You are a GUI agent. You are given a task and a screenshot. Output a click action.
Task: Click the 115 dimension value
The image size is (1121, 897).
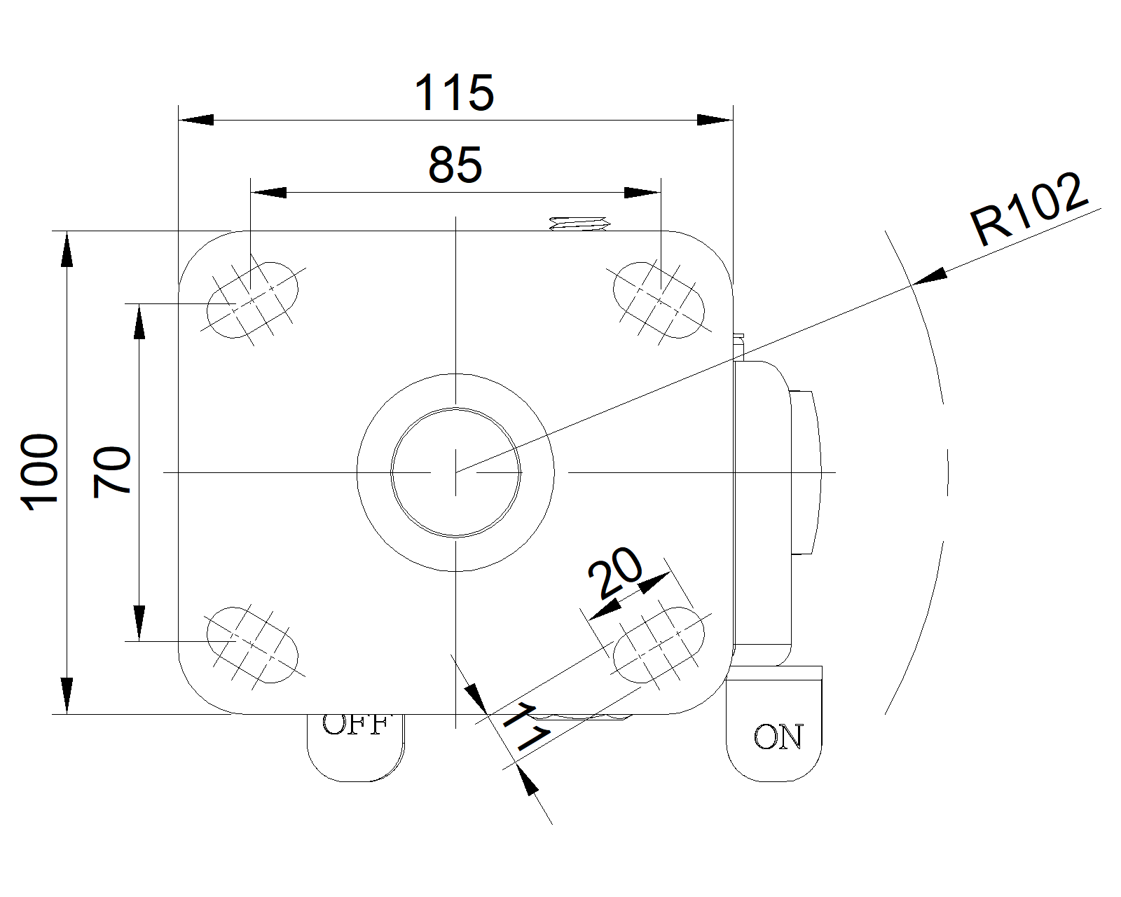(x=454, y=93)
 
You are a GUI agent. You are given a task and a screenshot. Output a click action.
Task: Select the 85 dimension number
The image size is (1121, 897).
(x=455, y=165)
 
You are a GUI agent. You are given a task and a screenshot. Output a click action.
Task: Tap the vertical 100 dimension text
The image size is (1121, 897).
(x=40, y=472)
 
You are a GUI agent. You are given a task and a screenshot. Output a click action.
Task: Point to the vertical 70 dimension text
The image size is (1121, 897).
(x=112, y=472)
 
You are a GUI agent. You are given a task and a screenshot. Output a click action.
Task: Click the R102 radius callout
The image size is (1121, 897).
(x=1029, y=208)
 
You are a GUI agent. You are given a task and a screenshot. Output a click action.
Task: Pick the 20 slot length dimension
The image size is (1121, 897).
(x=614, y=573)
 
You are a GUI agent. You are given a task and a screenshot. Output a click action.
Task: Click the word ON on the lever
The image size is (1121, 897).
(x=778, y=737)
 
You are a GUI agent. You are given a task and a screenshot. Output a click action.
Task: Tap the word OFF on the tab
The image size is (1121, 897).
(x=355, y=725)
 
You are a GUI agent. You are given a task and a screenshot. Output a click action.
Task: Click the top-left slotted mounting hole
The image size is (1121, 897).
(x=252, y=300)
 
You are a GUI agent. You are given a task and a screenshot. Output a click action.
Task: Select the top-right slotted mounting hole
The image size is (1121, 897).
(x=659, y=300)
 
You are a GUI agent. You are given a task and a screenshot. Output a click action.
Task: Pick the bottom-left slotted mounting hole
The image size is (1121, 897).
(x=252, y=645)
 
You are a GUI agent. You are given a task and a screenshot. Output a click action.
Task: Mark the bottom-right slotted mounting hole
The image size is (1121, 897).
(x=659, y=645)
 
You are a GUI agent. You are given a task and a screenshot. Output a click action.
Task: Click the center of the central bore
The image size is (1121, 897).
(x=455, y=472)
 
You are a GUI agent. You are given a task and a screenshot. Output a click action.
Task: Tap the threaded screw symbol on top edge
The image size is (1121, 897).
(x=579, y=224)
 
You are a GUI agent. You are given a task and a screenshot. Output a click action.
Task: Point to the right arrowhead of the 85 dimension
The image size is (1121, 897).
(x=642, y=192)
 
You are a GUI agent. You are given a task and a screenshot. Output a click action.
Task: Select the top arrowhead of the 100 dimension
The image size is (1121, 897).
(x=67, y=249)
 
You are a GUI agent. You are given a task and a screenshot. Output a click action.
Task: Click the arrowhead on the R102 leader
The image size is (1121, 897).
(x=930, y=277)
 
